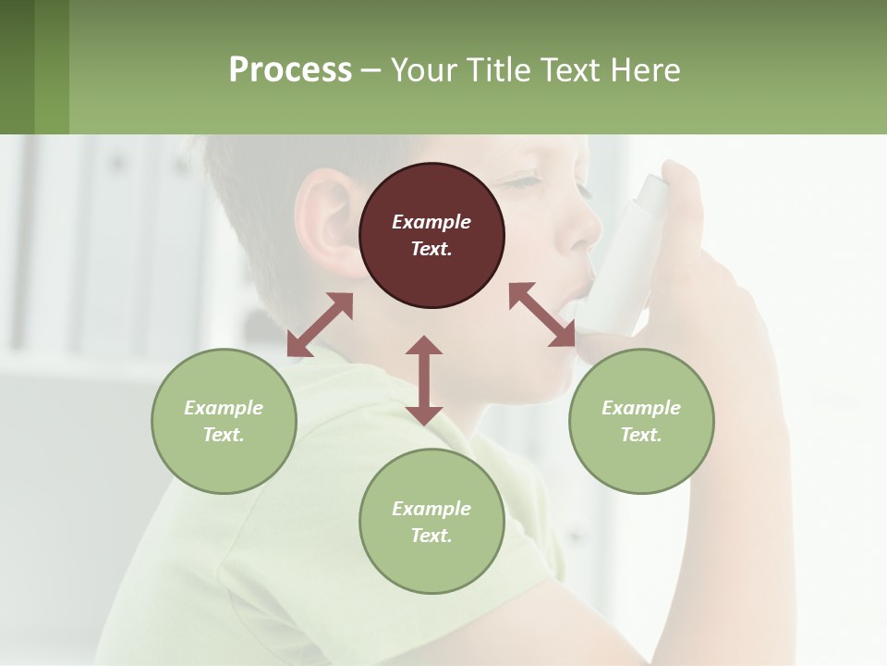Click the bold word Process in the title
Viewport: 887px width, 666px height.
click(290, 70)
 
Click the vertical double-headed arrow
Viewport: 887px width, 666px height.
click(424, 380)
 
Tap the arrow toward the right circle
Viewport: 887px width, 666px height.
click(542, 314)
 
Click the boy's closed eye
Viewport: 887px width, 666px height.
click(523, 182)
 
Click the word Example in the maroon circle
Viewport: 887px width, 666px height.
click(431, 222)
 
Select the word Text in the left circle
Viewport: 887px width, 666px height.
click(224, 435)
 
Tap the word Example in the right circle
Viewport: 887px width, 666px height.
click(641, 408)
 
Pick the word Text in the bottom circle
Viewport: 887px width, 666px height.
click(431, 536)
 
